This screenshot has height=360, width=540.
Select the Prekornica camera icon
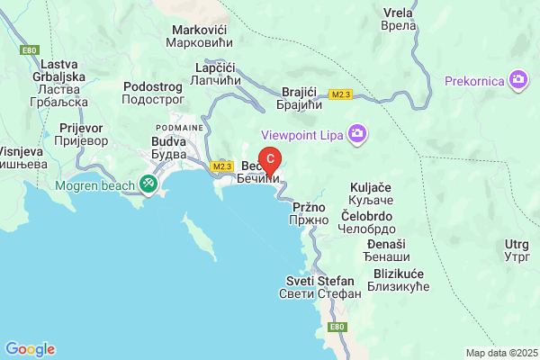(x=517, y=80)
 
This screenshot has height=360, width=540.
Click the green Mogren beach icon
(x=148, y=184)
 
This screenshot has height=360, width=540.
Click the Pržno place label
(x=303, y=212)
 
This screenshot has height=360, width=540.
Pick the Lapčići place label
(x=214, y=74)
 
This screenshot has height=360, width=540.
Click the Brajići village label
(x=299, y=99)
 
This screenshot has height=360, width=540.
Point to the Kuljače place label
(x=369, y=193)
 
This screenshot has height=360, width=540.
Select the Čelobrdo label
(x=367, y=221)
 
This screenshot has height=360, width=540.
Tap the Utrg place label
(x=517, y=250)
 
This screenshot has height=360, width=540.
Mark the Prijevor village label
(x=80, y=135)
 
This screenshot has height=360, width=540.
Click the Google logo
(x=30, y=349)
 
